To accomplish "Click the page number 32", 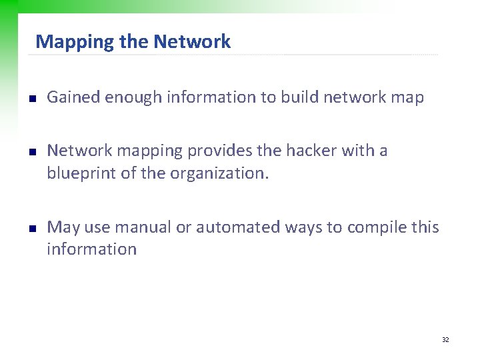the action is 445,340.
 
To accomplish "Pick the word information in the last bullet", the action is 91,249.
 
